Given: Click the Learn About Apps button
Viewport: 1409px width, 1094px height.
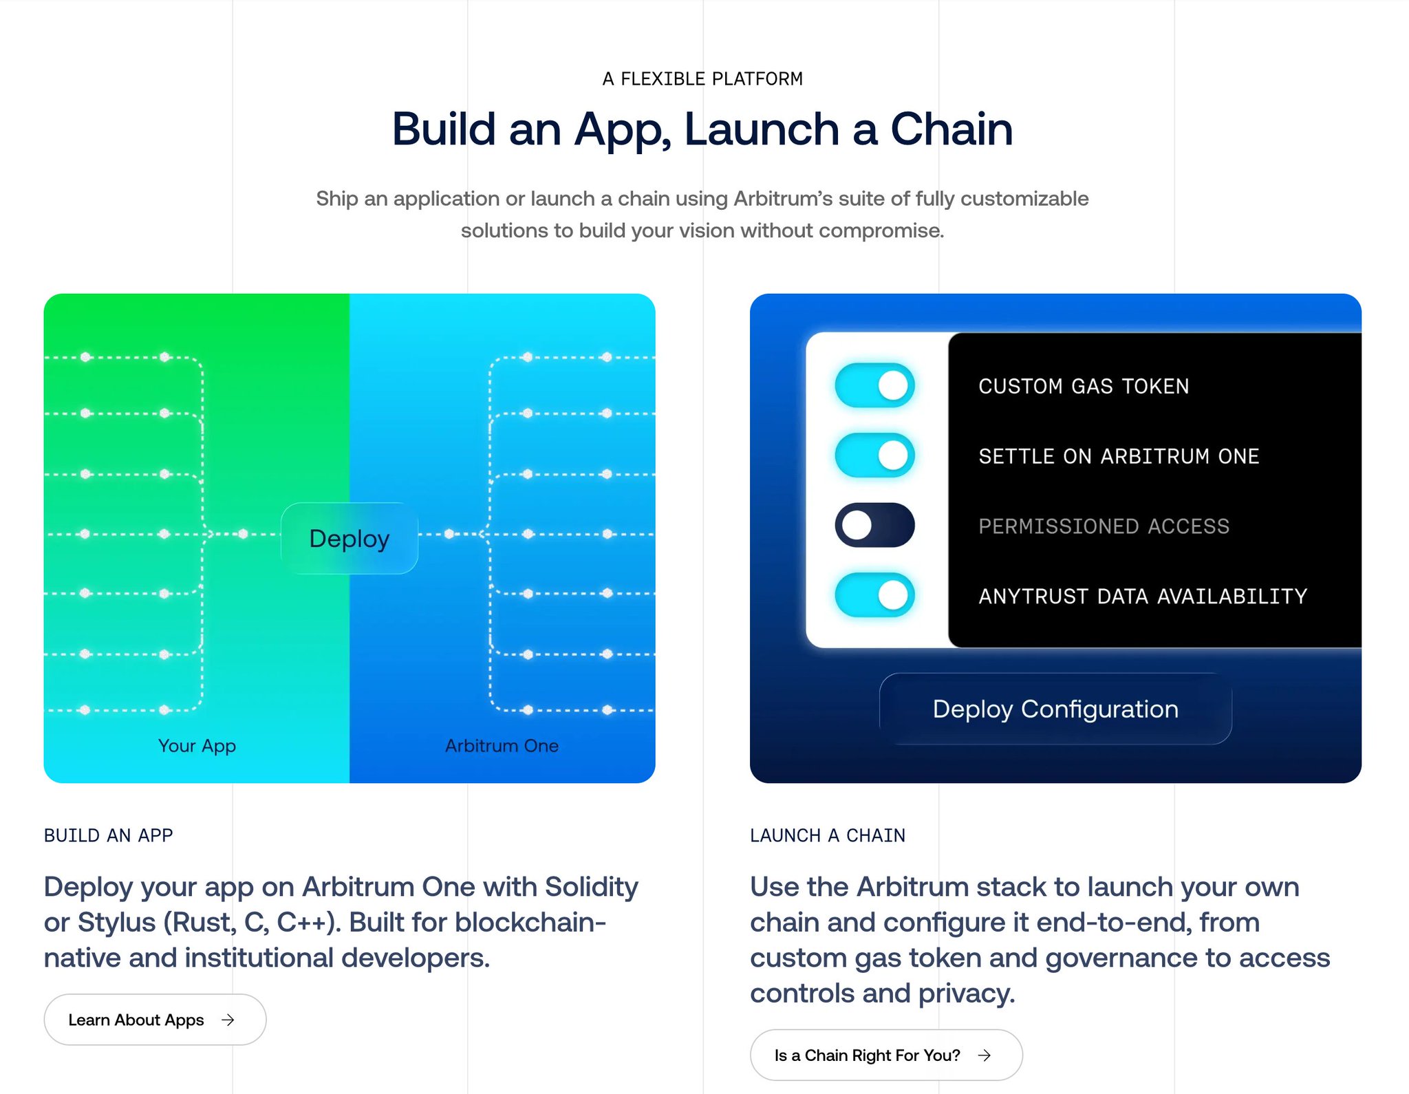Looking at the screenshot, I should (x=155, y=1020).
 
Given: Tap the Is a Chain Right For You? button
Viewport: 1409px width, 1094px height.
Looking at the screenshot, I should (x=885, y=1055).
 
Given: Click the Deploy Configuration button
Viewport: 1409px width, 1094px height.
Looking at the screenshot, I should (x=1055, y=709).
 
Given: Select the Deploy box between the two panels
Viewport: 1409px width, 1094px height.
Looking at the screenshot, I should (x=349, y=538).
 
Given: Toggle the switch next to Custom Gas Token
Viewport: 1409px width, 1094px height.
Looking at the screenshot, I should (x=874, y=385).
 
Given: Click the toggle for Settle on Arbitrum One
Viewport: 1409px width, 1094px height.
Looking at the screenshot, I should (x=874, y=455).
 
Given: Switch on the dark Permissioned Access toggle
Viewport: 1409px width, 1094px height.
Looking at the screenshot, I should (x=874, y=526).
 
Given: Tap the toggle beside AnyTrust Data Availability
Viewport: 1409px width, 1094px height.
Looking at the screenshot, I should (x=874, y=595).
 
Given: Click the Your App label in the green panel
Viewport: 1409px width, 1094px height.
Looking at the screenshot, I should (x=197, y=746).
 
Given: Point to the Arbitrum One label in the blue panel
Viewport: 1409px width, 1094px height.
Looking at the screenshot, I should (x=502, y=746).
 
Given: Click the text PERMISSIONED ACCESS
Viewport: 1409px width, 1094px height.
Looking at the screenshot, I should (x=1104, y=526).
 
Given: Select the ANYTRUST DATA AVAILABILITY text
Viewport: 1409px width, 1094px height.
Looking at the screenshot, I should (x=1143, y=596).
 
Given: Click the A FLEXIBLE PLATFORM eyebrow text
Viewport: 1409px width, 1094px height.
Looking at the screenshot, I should (x=702, y=79).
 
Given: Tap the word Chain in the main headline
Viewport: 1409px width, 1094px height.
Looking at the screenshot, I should (x=951, y=129).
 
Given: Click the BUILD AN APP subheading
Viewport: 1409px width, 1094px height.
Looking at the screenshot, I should (x=108, y=835).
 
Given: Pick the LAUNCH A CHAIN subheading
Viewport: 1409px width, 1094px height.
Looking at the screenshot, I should (x=828, y=835).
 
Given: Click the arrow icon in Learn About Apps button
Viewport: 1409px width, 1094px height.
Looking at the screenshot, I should (x=228, y=1020).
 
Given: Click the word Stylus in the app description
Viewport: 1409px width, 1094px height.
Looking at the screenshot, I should (x=116, y=923).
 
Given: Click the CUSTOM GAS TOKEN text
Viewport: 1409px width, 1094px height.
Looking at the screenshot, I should (x=1084, y=386).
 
